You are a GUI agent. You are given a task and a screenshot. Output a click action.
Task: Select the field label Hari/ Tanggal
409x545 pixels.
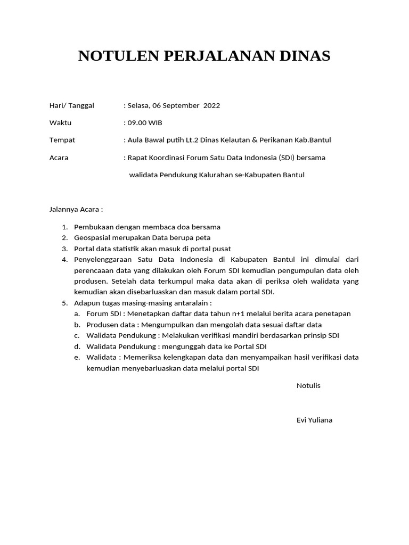[71, 105]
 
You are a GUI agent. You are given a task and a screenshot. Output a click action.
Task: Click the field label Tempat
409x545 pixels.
[62, 140]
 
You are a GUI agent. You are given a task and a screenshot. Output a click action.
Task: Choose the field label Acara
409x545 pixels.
[59, 158]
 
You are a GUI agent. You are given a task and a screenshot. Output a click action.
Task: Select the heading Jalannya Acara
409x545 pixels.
[76, 210]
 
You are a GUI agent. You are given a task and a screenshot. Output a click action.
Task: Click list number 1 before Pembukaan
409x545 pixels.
[64, 227]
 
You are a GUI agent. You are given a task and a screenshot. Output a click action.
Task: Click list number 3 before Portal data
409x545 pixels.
[64, 249]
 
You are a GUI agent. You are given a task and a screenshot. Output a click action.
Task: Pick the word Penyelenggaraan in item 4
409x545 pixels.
[103, 260]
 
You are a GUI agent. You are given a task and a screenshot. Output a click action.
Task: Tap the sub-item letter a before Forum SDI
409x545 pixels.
[77, 314]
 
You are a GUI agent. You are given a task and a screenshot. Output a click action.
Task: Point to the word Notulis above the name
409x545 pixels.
[308, 385]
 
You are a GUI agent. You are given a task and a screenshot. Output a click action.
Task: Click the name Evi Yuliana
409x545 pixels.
[314, 420]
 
